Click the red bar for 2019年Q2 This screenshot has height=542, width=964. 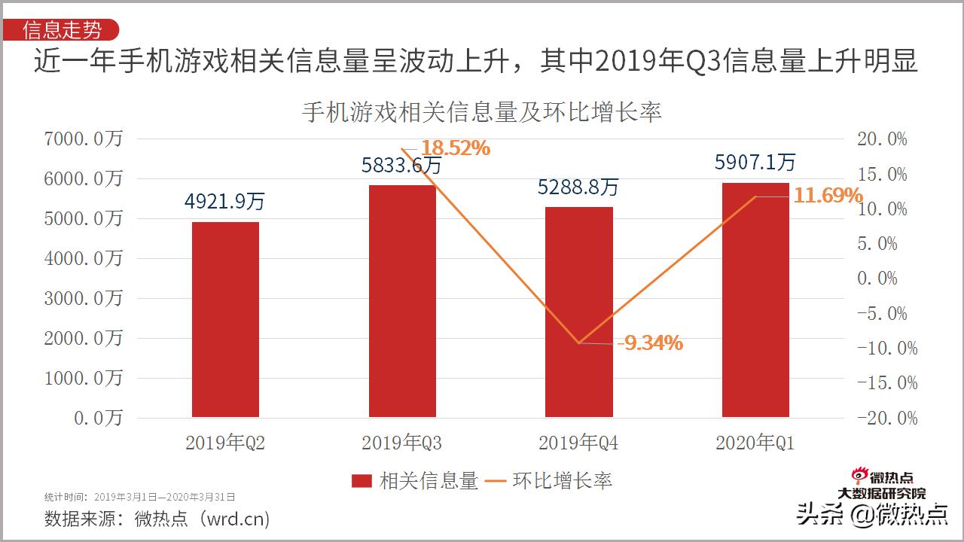pyautogui.click(x=225, y=319)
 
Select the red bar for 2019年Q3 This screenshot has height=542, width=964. pyautogui.click(x=402, y=301)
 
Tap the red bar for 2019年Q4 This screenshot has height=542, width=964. pyautogui.click(x=578, y=312)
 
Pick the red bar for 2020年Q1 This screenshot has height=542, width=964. pyautogui.click(x=755, y=300)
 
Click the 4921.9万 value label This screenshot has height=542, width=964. pyautogui.click(x=225, y=202)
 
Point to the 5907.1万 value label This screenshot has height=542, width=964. pyautogui.click(x=755, y=162)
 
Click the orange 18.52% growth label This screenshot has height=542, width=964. pyautogui.click(x=455, y=148)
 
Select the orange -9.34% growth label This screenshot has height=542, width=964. pyautogui.click(x=650, y=343)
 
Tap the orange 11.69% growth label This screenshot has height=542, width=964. pyautogui.click(x=828, y=196)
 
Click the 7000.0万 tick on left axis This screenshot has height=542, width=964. pyautogui.click(x=83, y=139)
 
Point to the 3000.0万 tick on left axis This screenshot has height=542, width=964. pyautogui.click(x=83, y=298)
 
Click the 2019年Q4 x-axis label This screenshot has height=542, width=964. pyautogui.click(x=578, y=443)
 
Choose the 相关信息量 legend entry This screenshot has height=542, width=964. pyautogui.click(x=415, y=481)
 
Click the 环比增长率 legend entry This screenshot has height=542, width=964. pyautogui.click(x=549, y=481)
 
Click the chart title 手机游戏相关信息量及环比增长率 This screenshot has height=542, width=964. pyautogui.click(x=481, y=112)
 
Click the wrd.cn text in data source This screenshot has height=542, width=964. pyautogui.click(x=236, y=519)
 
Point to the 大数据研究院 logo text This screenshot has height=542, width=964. pyautogui.click(x=882, y=494)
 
